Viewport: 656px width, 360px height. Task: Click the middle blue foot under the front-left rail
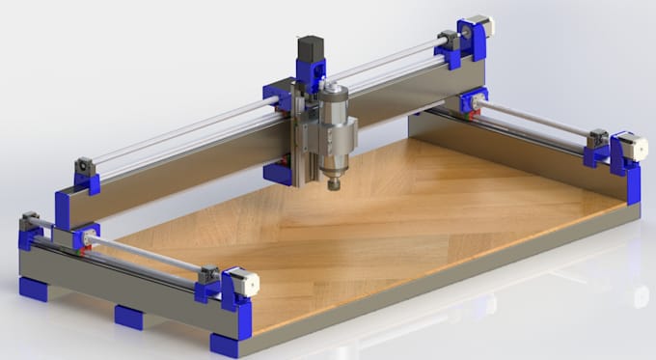coord(128,316)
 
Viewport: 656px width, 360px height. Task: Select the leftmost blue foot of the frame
coord(31,288)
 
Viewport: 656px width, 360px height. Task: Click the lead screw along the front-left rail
coord(145,254)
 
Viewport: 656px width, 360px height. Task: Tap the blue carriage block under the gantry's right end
coord(473,99)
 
